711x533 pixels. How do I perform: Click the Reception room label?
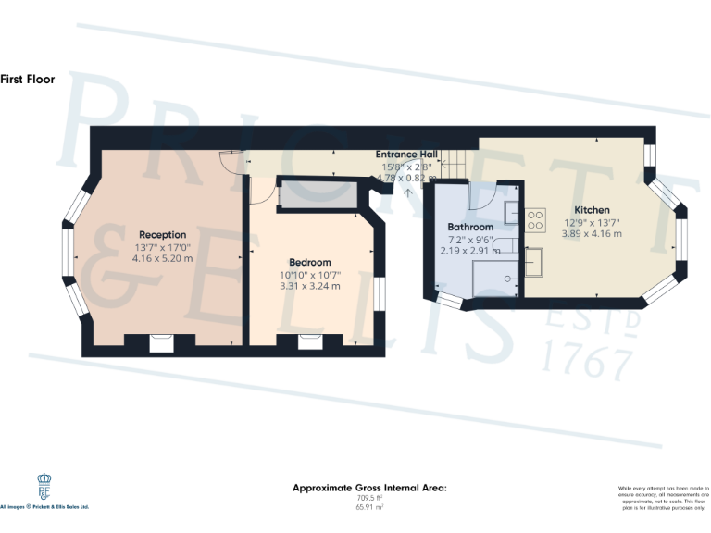[x=163, y=235]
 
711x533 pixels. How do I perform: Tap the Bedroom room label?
[x=309, y=263]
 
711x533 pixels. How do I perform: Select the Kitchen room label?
[x=591, y=210]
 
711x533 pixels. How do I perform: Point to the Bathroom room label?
[x=469, y=227]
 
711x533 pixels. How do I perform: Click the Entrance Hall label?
[x=406, y=155]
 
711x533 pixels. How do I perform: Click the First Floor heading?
[x=28, y=80]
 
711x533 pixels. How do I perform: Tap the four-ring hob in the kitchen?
[x=535, y=220]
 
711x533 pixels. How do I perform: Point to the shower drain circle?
[x=507, y=278]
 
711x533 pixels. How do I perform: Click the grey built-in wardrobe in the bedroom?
[x=318, y=195]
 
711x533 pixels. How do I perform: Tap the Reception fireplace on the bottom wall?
[x=162, y=343]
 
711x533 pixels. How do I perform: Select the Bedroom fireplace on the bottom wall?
[x=309, y=343]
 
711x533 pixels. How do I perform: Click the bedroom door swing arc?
[x=263, y=190]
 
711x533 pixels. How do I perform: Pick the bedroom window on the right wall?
[x=380, y=295]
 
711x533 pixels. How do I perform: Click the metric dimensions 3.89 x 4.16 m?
[x=591, y=234]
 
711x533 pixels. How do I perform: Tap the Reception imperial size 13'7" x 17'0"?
[x=163, y=247]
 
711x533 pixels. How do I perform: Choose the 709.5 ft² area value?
[x=369, y=498]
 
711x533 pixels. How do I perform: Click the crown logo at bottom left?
[x=44, y=485]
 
